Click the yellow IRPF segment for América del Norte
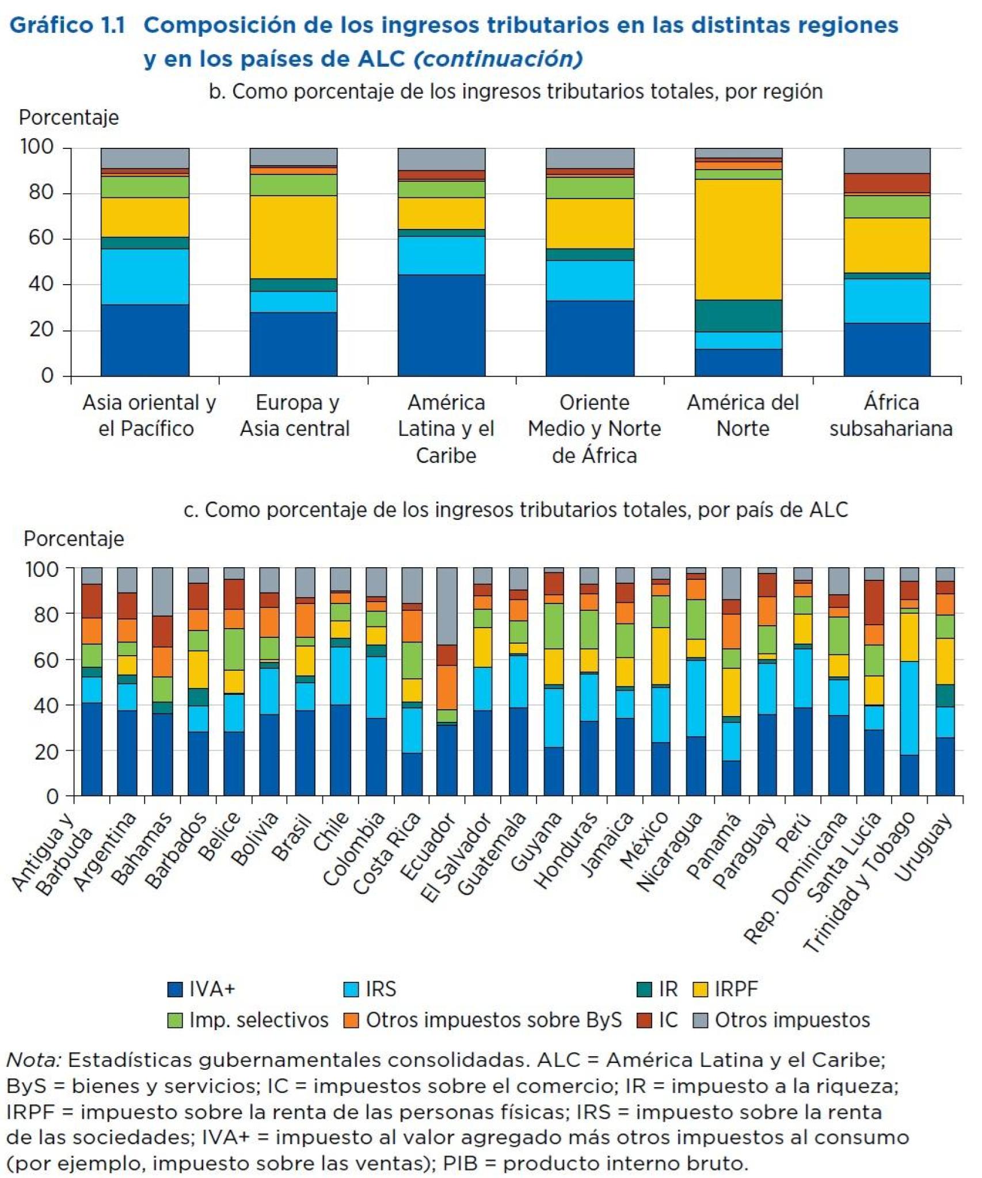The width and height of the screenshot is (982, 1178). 739,239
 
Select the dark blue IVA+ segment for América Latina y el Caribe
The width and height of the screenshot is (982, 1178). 441,325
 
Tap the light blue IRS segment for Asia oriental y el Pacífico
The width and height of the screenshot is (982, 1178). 145,276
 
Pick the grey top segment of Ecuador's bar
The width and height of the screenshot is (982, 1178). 447,606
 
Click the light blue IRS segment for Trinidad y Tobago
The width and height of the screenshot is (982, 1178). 909,708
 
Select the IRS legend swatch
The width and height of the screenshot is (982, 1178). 351,989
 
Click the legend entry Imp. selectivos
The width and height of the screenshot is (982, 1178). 258,1020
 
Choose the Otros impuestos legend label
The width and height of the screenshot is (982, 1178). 792,1020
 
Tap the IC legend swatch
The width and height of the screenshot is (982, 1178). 644,1020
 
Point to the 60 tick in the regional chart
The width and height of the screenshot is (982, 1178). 40,238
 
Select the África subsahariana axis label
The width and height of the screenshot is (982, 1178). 890,415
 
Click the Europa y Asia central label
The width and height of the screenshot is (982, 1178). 295,415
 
